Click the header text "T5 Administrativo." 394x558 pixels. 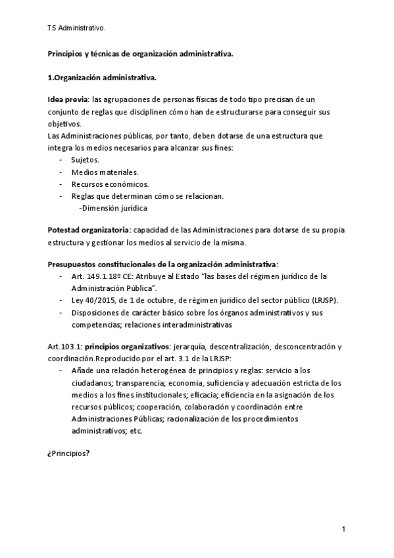(76, 29)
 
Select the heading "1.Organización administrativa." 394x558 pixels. (102, 78)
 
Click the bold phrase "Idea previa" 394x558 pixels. (68, 99)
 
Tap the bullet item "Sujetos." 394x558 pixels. (85, 160)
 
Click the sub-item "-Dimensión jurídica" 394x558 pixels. (112, 208)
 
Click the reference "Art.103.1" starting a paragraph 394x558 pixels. (64, 346)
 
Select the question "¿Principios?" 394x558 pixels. (68, 454)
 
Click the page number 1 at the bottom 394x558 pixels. (343, 529)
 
